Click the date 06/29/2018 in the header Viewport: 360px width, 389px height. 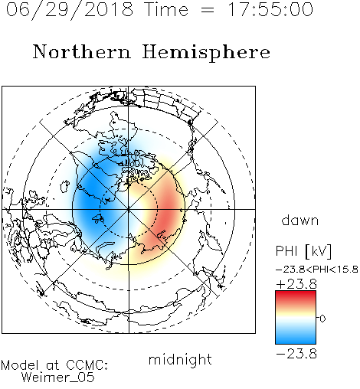click(70, 10)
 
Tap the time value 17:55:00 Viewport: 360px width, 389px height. click(270, 9)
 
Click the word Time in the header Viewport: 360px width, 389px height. click(166, 9)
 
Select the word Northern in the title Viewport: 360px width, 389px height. click(82, 51)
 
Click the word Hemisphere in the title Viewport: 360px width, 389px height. click(206, 53)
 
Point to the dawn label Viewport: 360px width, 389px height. click(300, 220)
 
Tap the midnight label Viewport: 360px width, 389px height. click(180, 359)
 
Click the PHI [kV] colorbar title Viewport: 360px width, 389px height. click(303, 251)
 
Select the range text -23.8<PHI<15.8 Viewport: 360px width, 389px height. click(317, 270)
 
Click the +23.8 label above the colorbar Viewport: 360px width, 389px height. click(296, 284)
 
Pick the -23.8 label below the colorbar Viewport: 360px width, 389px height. click(296, 354)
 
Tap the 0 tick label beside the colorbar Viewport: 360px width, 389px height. click(322, 319)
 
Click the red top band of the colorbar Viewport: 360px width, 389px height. click(296, 296)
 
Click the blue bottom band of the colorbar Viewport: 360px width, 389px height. click(296, 338)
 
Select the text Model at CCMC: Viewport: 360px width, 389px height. click(54, 365)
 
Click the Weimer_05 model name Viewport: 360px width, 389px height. click(58, 378)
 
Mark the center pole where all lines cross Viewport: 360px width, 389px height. click(129, 209)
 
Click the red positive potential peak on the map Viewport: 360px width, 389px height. click(167, 213)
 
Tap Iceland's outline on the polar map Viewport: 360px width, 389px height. click(64, 186)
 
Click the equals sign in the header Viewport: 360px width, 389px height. click(208, 10)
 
